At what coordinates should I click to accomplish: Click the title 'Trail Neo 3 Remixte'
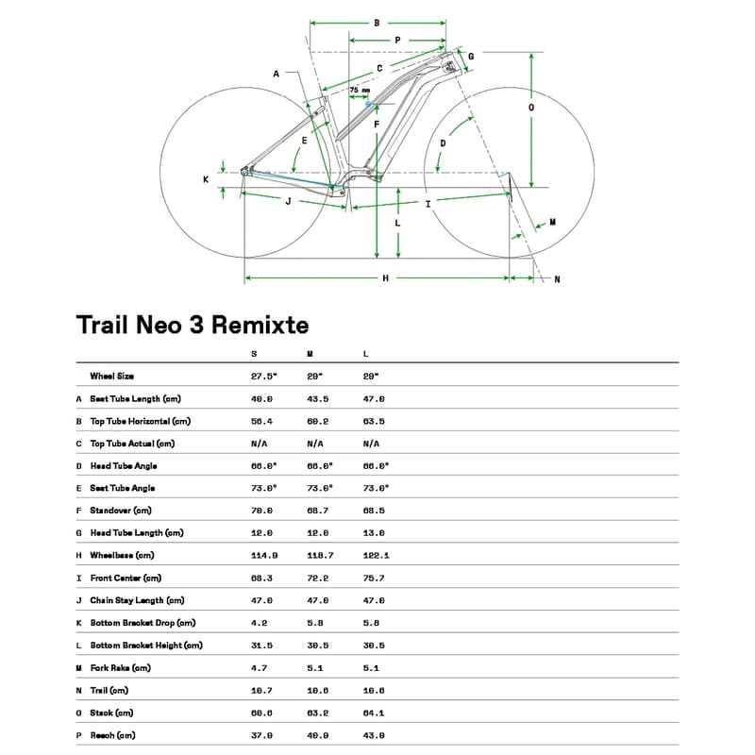coord(192,326)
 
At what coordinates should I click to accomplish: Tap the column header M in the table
coord(310,354)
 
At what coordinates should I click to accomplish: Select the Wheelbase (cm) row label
coord(122,556)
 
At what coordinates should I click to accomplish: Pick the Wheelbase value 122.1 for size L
coord(376,556)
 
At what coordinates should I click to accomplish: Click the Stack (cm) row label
coord(111,713)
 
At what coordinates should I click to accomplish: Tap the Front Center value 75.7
coord(374,578)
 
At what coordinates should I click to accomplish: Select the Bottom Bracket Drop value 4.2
coord(258,623)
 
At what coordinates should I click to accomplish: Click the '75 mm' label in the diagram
coord(360,91)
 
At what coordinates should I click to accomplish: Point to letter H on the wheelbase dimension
coord(385,277)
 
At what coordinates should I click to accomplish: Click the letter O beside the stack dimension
coord(531,108)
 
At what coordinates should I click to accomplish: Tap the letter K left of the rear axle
coord(206,178)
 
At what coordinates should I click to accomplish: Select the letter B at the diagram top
coord(377,22)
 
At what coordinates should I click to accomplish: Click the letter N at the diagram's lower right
coord(557,278)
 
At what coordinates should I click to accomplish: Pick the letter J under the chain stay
coord(287,201)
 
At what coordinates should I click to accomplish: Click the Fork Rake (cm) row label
coord(120,667)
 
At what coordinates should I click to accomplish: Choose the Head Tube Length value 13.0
coord(374,533)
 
